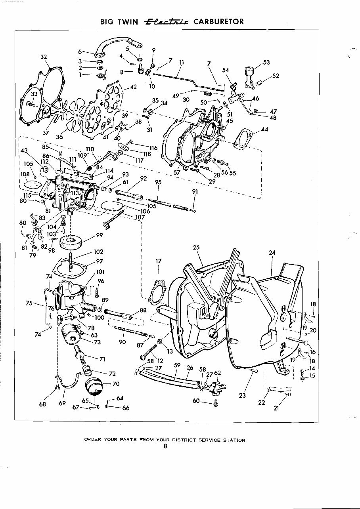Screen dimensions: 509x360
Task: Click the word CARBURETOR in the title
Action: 218,21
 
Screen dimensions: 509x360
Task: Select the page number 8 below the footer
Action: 165,446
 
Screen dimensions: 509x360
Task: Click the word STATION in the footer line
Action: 233,440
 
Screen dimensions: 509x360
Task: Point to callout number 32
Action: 44,57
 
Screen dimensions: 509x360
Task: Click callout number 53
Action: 266,63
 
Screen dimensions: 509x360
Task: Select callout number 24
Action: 272,253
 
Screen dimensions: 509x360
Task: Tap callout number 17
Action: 159,261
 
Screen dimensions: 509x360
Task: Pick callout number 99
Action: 99,235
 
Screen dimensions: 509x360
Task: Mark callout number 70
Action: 116,384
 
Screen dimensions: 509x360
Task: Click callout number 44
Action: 265,130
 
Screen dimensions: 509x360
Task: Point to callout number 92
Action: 144,179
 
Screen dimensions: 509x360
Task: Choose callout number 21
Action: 276,408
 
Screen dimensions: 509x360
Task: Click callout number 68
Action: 43,404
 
